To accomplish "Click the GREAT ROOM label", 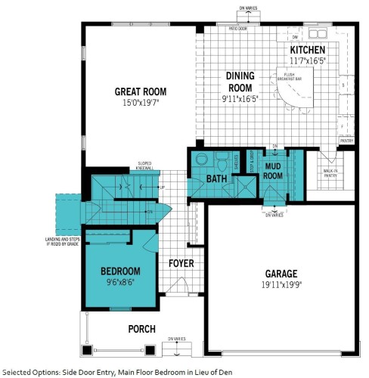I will (x=140, y=91).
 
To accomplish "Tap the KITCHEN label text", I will (x=307, y=50).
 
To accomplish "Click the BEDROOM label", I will (x=120, y=271).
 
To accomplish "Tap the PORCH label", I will (x=141, y=329).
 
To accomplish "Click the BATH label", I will (x=217, y=178).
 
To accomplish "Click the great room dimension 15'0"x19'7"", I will (x=140, y=104).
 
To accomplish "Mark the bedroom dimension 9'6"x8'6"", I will (x=120, y=283).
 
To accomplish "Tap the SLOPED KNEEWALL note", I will (x=147, y=165).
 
